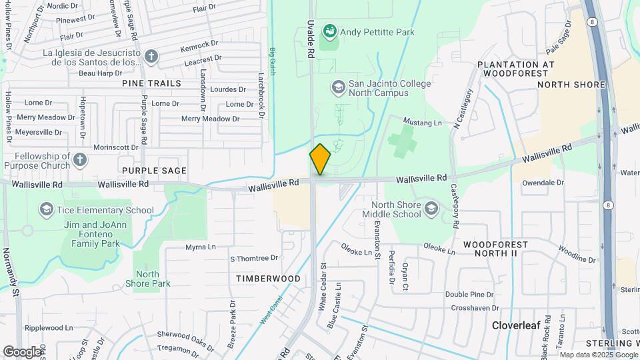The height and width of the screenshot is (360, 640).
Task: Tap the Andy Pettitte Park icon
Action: pos(329,31)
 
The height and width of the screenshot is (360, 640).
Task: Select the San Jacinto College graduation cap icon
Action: pos(338,87)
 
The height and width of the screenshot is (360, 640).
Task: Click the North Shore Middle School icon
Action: pos(431,209)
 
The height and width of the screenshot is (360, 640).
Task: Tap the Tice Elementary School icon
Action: pos(46,210)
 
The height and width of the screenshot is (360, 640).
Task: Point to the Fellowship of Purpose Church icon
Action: pos(80,160)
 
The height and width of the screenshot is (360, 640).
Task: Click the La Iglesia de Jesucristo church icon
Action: pos(151,57)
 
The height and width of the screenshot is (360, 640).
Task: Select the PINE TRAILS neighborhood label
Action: pos(151,83)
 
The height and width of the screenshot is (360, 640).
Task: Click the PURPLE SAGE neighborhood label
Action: pos(154,171)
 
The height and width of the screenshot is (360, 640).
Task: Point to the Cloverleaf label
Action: pos(519,325)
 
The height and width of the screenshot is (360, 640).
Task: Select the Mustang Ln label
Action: pos(424,123)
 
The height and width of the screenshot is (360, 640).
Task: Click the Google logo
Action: pos(22,351)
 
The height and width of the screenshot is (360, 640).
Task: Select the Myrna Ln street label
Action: pos(201,247)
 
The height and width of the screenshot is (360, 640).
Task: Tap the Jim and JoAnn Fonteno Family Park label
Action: pos(92,234)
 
